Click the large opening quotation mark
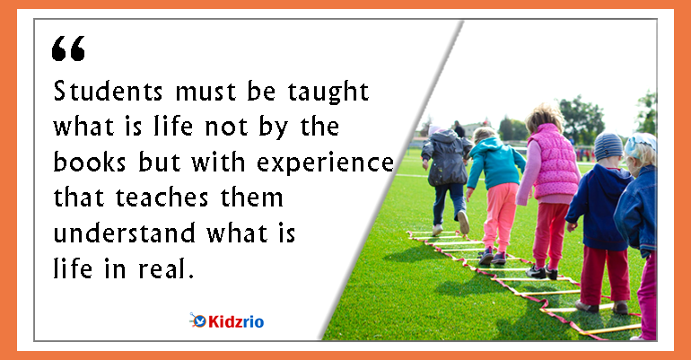[x=68, y=48]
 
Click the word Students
[x=108, y=92]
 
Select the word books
[x=90, y=162]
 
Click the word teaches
[x=162, y=198]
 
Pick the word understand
[x=124, y=233]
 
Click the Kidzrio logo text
[x=236, y=321]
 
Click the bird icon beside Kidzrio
[x=198, y=320]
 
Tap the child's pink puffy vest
[x=554, y=161]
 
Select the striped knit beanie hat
[x=608, y=146]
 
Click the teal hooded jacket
[x=494, y=162]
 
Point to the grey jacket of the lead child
[x=446, y=157]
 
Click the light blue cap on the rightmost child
[x=642, y=144]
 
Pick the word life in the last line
[x=73, y=268]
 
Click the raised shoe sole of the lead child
[x=463, y=222]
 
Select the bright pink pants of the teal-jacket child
[x=500, y=216]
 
